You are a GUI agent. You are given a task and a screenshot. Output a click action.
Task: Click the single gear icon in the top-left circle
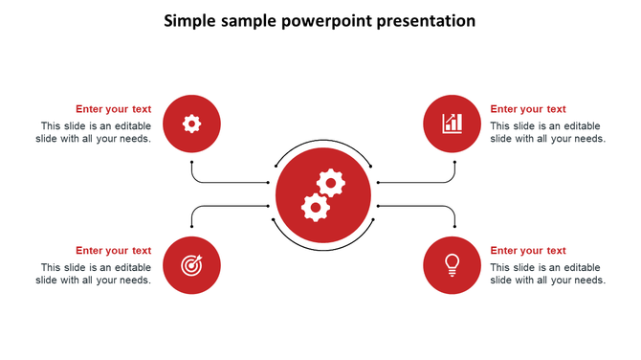click(x=191, y=123)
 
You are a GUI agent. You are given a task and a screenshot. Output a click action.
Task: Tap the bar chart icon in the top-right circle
click(x=452, y=123)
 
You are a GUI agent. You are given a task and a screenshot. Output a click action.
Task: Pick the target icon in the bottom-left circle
click(x=191, y=265)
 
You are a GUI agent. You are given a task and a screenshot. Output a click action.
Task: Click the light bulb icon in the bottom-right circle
click(x=452, y=264)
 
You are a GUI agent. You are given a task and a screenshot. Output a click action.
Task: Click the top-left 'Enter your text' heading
click(x=113, y=109)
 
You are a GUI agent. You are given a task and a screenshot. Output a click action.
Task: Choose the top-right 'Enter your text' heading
click(x=528, y=109)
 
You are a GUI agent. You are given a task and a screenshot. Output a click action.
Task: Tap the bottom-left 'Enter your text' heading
click(x=113, y=251)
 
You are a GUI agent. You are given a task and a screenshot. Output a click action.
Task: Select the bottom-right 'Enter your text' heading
click(x=528, y=251)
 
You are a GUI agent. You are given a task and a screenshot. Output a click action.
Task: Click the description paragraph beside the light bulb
click(x=547, y=274)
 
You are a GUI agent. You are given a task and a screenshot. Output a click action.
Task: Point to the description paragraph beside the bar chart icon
click(x=547, y=132)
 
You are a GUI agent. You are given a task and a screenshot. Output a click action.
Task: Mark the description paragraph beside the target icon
click(x=94, y=274)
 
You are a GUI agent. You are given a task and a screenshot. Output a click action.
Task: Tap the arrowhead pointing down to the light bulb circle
click(x=454, y=228)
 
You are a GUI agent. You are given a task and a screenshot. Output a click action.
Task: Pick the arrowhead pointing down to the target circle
click(x=191, y=228)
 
